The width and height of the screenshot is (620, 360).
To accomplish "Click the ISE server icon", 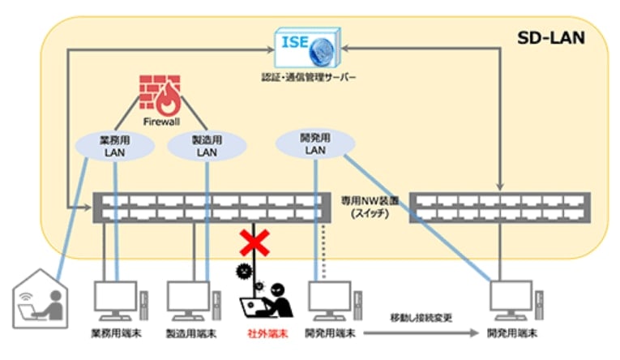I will [309, 46].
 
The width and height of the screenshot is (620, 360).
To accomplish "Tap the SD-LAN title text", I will [551, 38].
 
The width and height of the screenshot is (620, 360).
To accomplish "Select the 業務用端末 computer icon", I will [115, 301].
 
